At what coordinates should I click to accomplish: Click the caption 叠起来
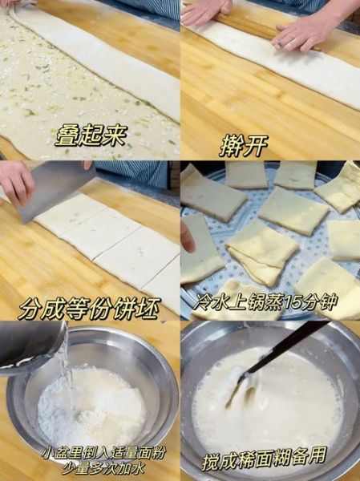pyautogui.click(x=91, y=135)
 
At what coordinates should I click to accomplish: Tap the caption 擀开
pyautogui.click(x=244, y=145)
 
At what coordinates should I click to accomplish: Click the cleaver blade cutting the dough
pyautogui.click(x=56, y=192)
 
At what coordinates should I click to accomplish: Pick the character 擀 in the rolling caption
pyautogui.click(x=231, y=145)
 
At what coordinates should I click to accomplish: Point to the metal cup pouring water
pyautogui.click(x=28, y=345)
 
